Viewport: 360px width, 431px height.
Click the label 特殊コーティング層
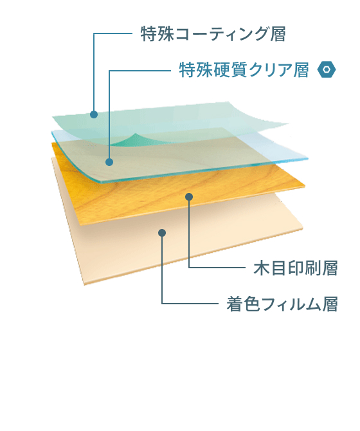tap(213, 34)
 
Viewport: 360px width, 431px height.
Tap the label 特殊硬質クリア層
tap(244, 70)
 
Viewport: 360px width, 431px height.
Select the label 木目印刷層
tap(296, 268)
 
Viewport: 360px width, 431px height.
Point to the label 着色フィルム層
tap(282, 304)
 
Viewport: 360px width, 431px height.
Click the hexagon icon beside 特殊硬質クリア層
tap(326, 69)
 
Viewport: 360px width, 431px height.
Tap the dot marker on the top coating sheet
tap(94, 115)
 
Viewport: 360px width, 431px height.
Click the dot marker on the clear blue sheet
tap(109, 162)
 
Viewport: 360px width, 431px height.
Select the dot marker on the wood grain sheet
tap(189, 197)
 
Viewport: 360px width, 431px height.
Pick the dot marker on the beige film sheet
tap(162, 233)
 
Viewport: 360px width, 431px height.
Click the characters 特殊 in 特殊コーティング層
tap(157, 34)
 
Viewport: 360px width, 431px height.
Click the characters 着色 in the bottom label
tap(243, 304)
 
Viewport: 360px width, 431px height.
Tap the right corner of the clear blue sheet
tap(308, 159)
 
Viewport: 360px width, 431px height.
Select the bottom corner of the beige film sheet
tap(84, 284)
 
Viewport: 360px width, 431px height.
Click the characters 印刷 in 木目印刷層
tap(305, 268)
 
